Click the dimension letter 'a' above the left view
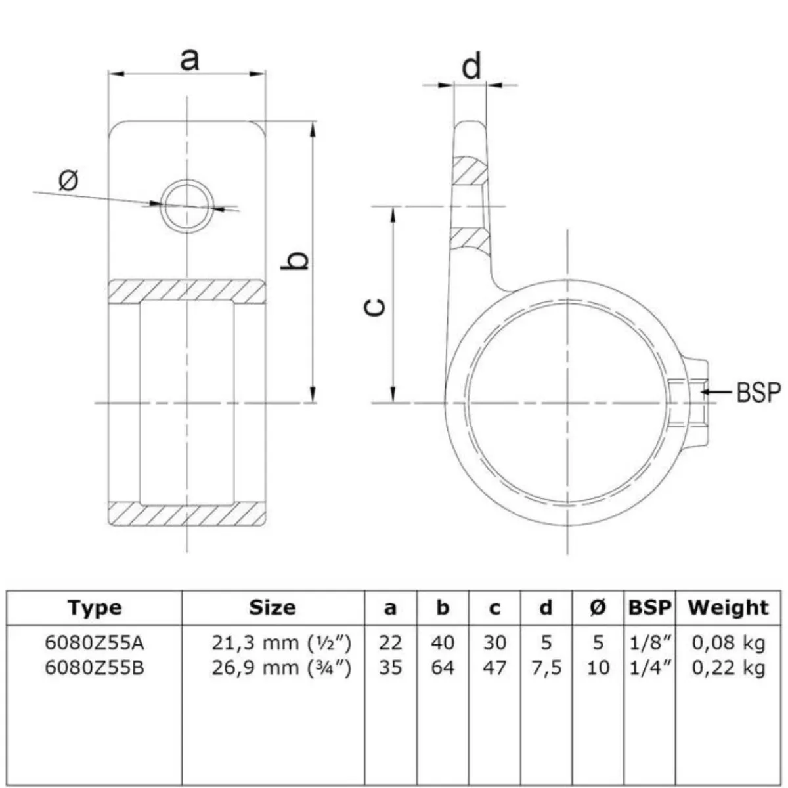pyautogui.click(x=189, y=60)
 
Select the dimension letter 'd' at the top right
pyautogui.click(x=471, y=66)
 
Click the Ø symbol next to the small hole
pyautogui.click(x=68, y=181)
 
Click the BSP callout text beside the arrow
pyautogui.click(x=758, y=392)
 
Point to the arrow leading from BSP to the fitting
pyautogui.click(x=716, y=392)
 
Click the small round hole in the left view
pyautogui.click(x=187, y=206)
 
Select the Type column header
pyautogui.click(x=95, y=608)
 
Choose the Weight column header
pyautogui.click(x=728, y=608)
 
